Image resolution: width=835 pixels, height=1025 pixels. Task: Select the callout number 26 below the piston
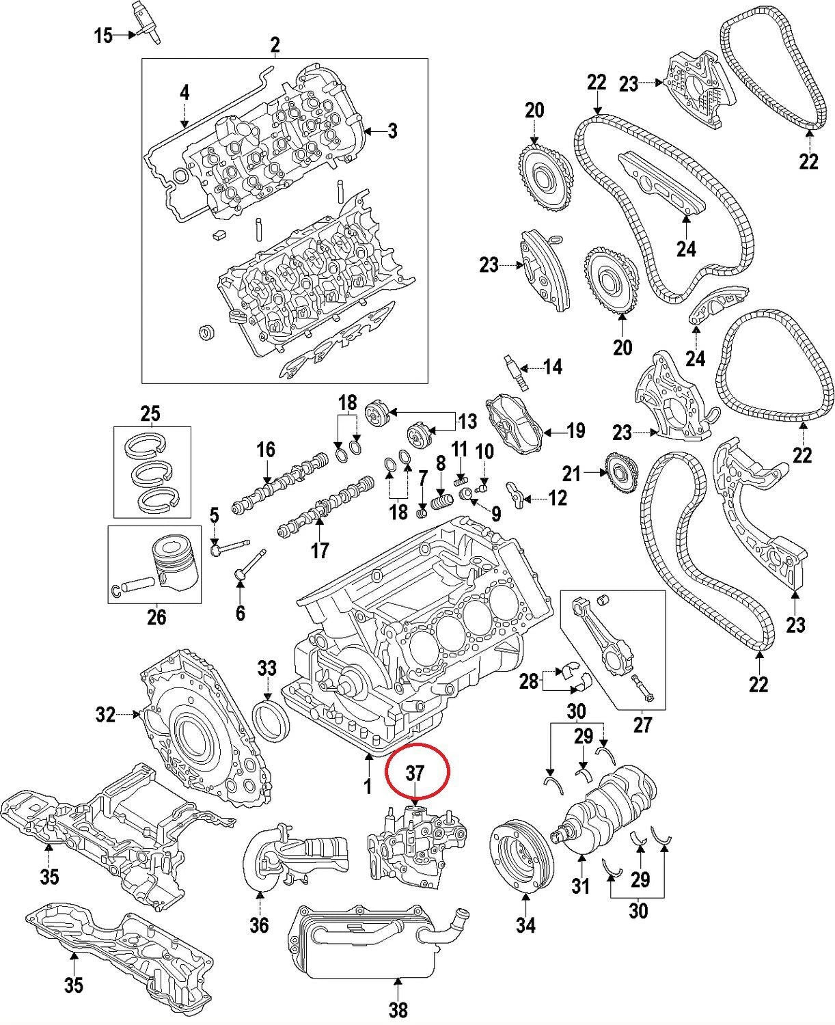pyautogui.click(x=156, y=616)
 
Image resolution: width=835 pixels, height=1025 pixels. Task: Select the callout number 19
pyautogui.click(x=575, y=430)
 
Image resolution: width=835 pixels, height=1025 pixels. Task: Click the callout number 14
pyautogui.click(x=552, y=367)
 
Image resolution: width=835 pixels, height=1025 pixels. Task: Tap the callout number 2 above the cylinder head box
pyautogui.click(x=275, y=45)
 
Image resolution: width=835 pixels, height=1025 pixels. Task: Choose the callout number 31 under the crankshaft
pyautogui.click(x=580, y=886)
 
